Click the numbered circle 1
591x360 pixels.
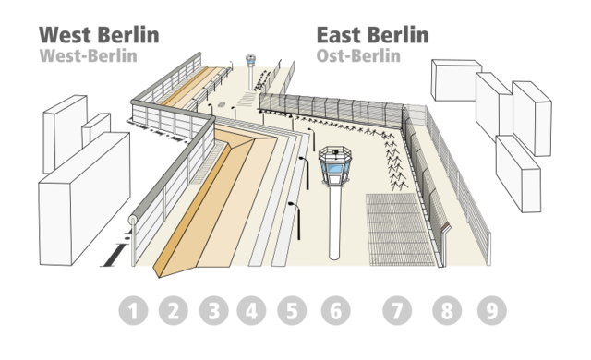click(x=134, y=311)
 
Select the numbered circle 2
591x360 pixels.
click(x=173, y=311)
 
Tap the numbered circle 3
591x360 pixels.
click(x=213, y=311)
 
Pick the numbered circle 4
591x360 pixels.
click(x=251, y=311)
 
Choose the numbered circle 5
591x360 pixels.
click(x=291, y=311)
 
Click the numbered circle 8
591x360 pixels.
click(x=447, y=311)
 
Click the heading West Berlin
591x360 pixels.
click(x=98, y=35)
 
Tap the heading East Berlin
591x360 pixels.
click(x=371, y=35)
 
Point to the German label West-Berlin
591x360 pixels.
click(x=89, y=55)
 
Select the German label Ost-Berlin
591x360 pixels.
click(x=359, y=55)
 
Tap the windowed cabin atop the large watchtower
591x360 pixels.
click(x=335, y=166)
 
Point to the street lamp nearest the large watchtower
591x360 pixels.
click(x=302, y=166)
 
